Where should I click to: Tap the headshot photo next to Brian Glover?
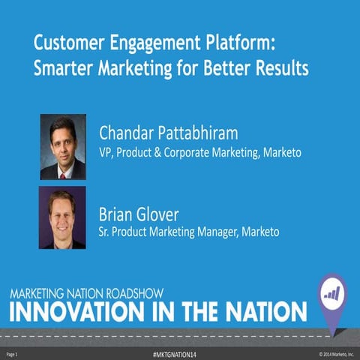[x=63, y=217]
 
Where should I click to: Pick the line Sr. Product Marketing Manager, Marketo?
[x=189, y=232]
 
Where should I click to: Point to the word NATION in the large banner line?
[x=259, y=310]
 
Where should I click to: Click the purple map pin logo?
[x=331, y=295]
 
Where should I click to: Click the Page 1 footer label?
[x=12, y=352]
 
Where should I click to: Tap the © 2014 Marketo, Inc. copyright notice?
[x=335, y=352]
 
